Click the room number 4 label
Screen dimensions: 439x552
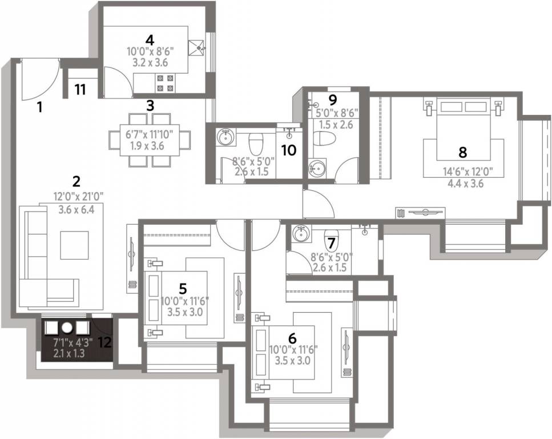click(150, 40)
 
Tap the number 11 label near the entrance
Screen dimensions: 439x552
click(80, 89)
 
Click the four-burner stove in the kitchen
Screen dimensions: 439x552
click(165, 83)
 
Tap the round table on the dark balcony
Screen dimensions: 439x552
click(67, 328)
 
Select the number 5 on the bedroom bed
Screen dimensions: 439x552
click(183, 287)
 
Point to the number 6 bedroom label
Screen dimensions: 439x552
click(292, 337)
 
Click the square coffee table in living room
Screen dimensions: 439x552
click(74, 245)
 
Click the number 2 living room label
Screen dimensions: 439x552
click(76, 182)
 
